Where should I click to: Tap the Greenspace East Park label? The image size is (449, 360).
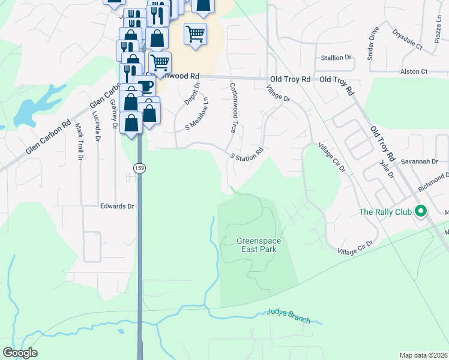click(259, 245)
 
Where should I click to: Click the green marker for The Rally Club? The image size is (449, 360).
click(420, 211)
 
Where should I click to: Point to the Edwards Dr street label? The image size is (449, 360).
click(117, 206)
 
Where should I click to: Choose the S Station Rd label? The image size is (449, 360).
click(247, 154)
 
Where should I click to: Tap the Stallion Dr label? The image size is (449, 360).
click(336, 58)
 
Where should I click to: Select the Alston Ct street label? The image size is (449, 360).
click(414, 71)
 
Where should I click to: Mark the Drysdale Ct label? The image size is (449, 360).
click(408, 38)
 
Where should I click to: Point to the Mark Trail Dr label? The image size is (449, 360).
click(79, 142)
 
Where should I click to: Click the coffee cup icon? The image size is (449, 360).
click(145, 86)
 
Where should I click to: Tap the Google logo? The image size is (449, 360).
click(20, 353)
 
